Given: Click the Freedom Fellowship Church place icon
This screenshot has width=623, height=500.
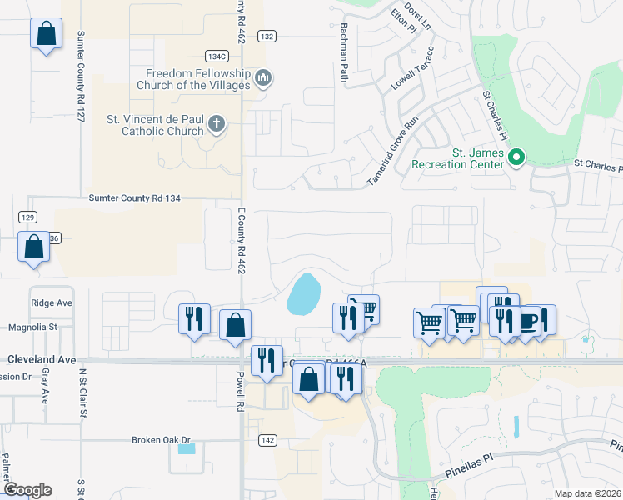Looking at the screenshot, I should [263, 78].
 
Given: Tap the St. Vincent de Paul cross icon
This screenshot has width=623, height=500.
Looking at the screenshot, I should [216, 125].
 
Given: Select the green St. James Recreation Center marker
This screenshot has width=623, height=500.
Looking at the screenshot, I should [516, 156].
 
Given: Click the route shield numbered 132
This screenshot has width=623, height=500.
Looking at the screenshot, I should [267, 37].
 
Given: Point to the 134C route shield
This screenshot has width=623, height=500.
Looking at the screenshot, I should [217, 56].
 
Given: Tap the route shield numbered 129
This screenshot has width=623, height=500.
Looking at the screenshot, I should [27, 216].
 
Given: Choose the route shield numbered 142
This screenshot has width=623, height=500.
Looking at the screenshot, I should [267, 440].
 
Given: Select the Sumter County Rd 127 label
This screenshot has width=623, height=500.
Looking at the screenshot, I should [82, 77].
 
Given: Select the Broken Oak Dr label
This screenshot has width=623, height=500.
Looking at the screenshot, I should [162, 440].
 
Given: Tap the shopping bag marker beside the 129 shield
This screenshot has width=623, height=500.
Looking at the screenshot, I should [33, 247].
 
